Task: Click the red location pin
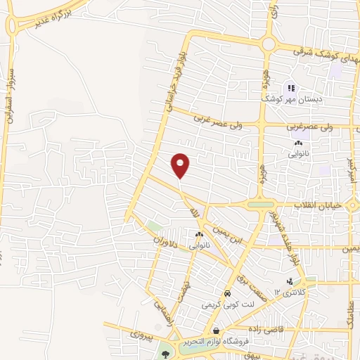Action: (181, 165)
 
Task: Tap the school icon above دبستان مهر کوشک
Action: (291, 89)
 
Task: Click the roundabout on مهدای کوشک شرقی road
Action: (269, 44)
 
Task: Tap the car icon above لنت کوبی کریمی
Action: (227, 293)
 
